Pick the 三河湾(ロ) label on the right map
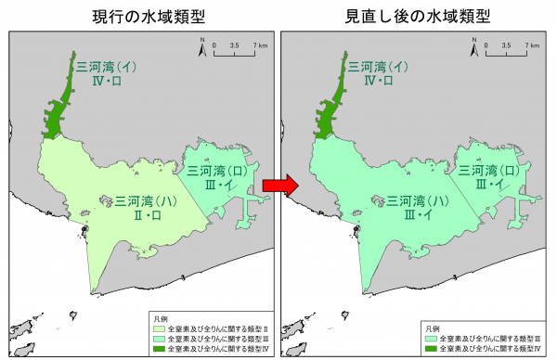click(x=493, y=171)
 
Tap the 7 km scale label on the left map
click(x=263, y=45)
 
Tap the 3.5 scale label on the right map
click(x=507, y=45)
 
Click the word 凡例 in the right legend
click(x=432, y=328)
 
